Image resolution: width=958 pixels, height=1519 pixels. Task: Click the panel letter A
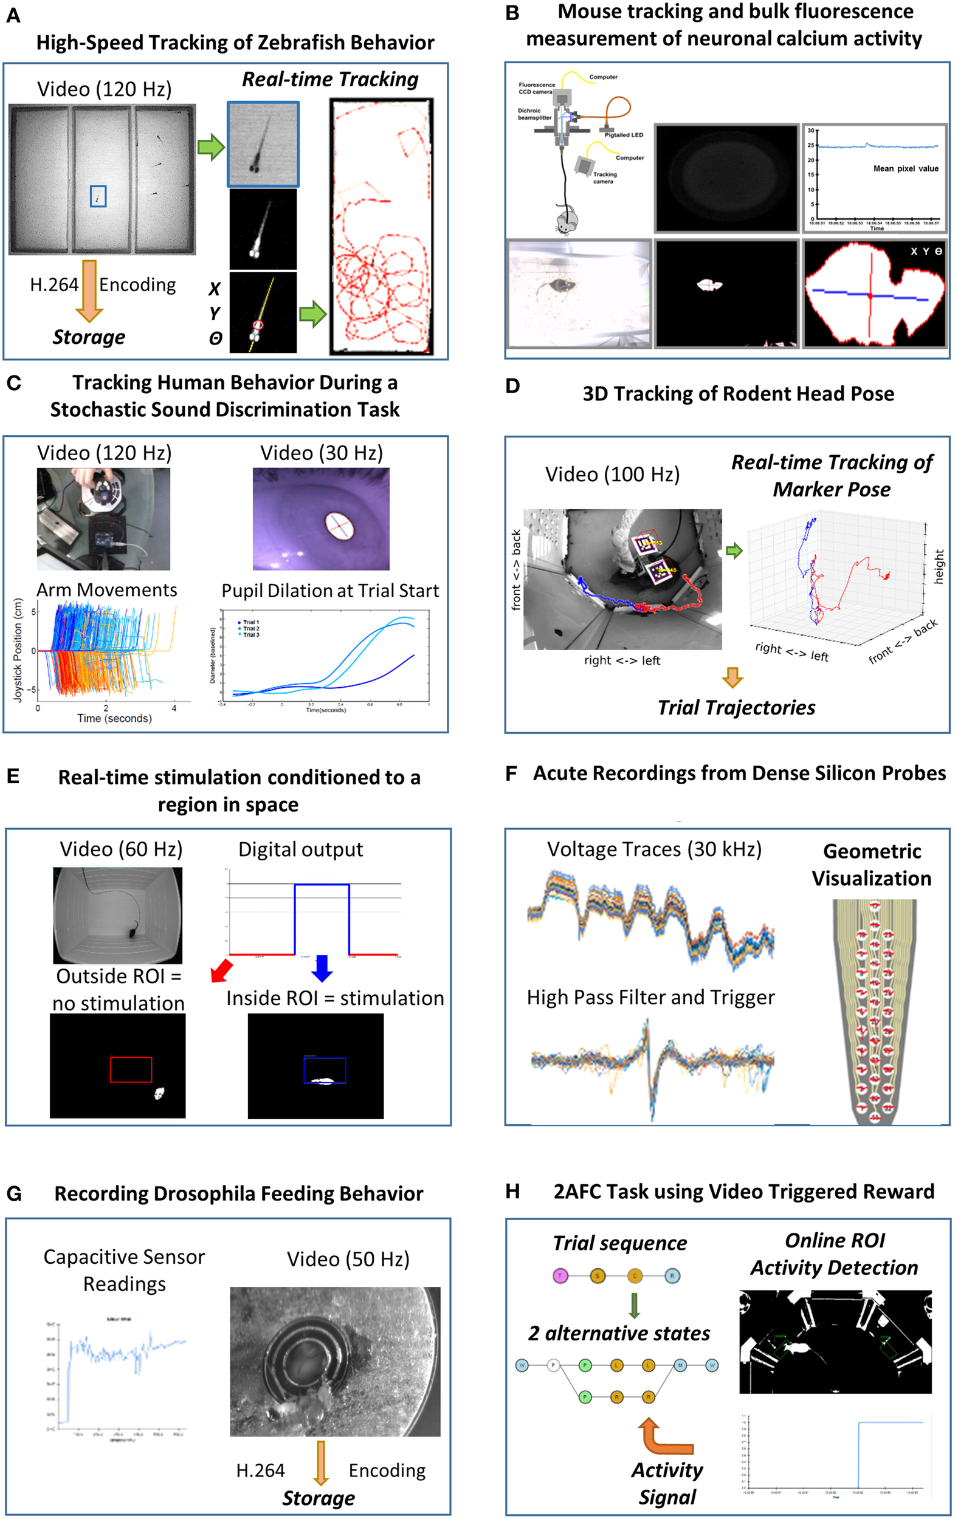pos(13,16)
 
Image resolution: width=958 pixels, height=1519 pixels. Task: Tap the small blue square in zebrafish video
pos(98,196)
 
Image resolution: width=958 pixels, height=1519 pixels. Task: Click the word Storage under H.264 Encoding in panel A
pos(88,337)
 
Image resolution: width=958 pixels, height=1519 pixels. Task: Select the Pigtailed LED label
pos(624,135)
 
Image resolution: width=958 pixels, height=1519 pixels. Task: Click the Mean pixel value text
pos(905,168)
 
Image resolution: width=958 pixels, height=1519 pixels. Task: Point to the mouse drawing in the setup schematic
pos(567,221)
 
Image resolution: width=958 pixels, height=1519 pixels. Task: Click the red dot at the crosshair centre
pos(870,295)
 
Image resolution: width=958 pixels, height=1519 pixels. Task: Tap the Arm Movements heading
pos(106,590)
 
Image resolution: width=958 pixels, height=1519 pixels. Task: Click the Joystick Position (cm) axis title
pos(18,650)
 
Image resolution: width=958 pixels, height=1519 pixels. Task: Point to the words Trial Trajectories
pos(736,708)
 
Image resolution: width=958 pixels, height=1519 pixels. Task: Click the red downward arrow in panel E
pos(221,971)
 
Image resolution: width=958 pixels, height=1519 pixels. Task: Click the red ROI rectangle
pos(131,1069)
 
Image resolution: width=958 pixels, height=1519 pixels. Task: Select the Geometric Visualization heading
pos(872,865)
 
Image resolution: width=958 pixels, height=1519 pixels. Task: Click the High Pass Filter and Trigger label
pos(650,997)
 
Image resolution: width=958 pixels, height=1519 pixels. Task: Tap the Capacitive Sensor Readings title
pos(125,1270)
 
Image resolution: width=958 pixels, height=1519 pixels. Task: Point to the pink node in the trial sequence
pos(560,1276)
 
